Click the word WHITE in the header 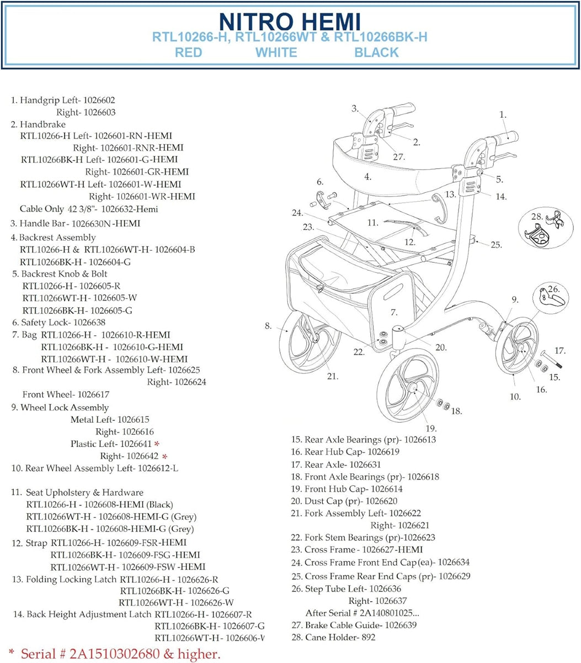click(x=276, y=52)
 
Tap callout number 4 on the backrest click(x=367, y=177)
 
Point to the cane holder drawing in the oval click(x=543, y=232)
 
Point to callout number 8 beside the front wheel click(x=268, y=326)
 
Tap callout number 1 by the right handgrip click(x=503, y=115)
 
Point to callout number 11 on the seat click(x=372, y=223)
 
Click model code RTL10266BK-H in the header click(x=381, y=37)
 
